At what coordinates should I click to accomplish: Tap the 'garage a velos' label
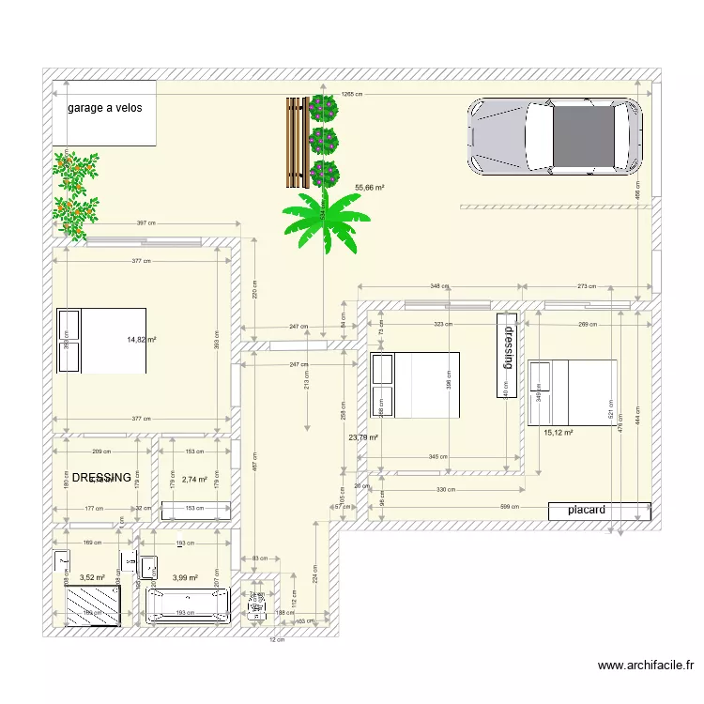pyautogui.click(x=104, y=108)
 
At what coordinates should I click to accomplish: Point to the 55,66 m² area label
pyautogui.click(x=371, y=188)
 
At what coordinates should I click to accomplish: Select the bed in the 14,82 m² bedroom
pyautogui.click(x=101, y=340)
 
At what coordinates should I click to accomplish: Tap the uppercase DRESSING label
pyautogui.click(x=101, y=478)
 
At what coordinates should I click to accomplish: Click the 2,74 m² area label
pyautogui.click(x=194, y=479)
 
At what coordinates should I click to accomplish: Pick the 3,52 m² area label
pyautogui.click(x=91, y=578)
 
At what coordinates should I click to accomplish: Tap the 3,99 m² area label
pyautogui.click(x=185, y=578)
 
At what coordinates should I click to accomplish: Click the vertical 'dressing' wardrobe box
pyautogui.click(x=508, y=354)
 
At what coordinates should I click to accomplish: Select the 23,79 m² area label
pyautogui.click(x=362, y=437)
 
